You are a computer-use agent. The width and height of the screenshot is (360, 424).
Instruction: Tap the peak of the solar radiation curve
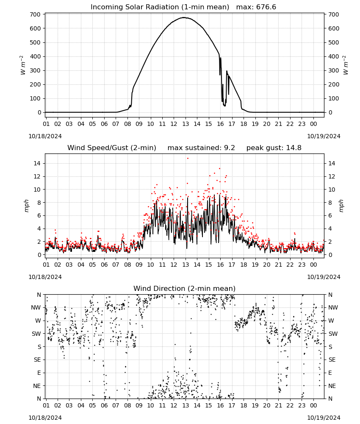(184, 17)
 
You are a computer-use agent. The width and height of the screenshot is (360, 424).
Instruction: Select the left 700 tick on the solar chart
(36, 14)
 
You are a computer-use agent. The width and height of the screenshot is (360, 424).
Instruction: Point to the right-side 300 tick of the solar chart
(334, 70)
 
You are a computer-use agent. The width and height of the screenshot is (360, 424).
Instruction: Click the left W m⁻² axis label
(23, 65)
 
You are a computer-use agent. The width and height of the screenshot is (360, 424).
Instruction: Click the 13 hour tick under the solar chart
(185, 124)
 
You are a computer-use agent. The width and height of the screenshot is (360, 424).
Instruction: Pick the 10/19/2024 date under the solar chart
(324, 136)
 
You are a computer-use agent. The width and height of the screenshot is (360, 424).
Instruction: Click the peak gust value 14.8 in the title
(293, 148)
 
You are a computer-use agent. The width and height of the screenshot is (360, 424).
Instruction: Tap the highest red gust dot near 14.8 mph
(188, 159)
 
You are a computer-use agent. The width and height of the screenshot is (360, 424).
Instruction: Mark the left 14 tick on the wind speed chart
(37, 163)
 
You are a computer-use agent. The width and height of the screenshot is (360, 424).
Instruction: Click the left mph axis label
(26, 206)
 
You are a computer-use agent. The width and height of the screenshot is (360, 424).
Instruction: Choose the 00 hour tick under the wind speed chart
(313, 265)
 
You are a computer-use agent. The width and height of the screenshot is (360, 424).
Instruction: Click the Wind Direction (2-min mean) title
(185, 288)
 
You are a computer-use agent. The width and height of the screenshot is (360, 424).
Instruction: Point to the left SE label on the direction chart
(38, 360)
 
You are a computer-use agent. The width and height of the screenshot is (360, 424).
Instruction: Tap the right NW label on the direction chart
(333, 308)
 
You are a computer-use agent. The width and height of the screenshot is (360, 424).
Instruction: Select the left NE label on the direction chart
(37, 386)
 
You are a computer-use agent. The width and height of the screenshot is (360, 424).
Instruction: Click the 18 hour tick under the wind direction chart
(244, 405)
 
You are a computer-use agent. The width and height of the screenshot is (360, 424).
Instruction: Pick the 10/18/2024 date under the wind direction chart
(45, 418)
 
